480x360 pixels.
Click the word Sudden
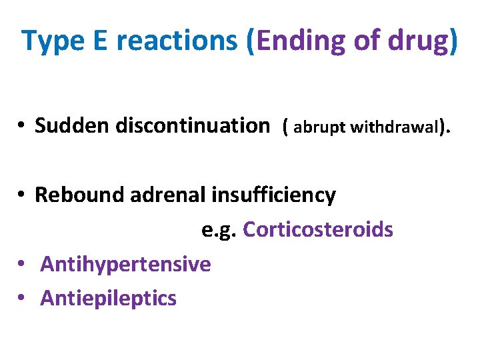pos(72,125)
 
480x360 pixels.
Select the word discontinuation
pos(192,125)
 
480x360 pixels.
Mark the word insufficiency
pos(274,195)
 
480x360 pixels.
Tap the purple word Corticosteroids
pos(318,230)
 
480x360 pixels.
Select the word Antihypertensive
pos(125,265)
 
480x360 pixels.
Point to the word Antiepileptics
pos(108,298)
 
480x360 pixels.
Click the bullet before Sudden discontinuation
pos(22,125)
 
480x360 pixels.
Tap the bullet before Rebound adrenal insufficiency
pos(22,195)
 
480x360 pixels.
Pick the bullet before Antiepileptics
pos(22,299)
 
